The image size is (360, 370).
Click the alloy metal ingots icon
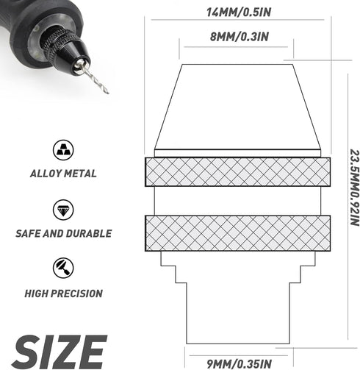[63, 150]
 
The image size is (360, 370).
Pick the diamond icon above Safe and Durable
[63, 210]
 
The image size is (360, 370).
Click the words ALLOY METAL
[63, 174]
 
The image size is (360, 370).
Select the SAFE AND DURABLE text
[63, 234]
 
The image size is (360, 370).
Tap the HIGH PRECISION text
[63, 293]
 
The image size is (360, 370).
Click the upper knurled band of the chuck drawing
[234, 172]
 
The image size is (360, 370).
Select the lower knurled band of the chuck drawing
[234, 232]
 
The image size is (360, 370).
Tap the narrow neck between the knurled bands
[234, 201]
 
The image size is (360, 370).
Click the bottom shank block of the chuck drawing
[235, 313]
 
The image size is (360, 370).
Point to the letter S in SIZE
[25, 352]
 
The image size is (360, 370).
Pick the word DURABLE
[89, 234]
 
